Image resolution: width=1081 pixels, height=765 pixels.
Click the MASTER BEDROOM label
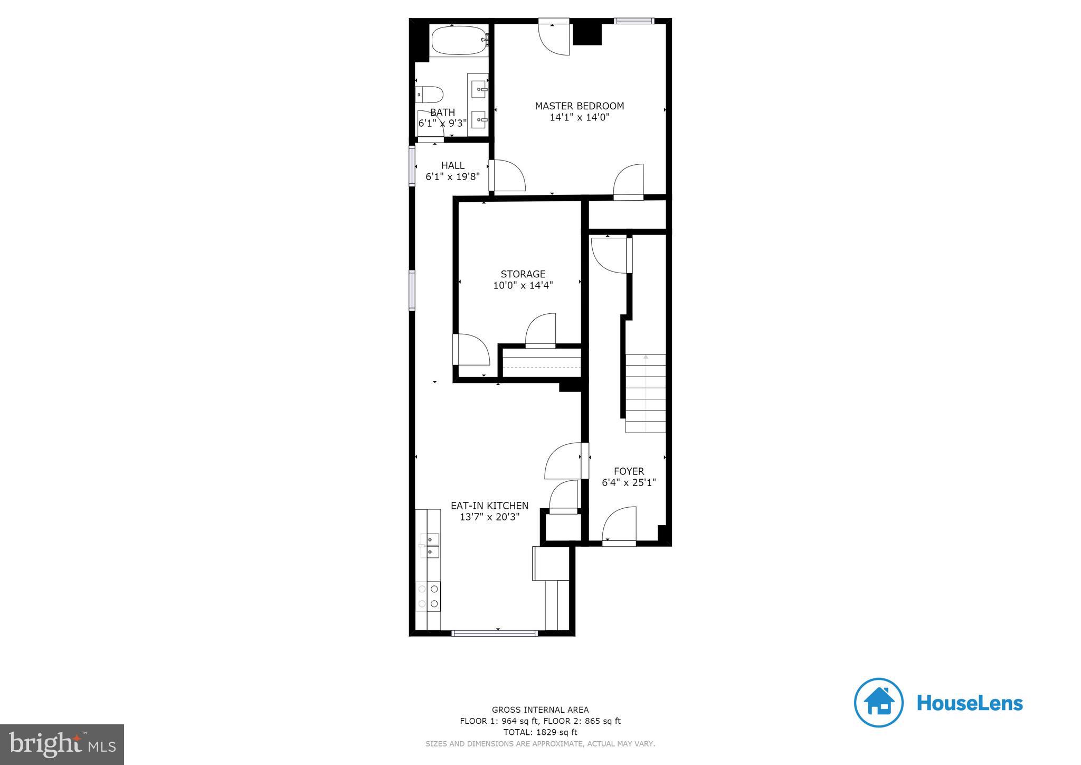(x=579, y=106)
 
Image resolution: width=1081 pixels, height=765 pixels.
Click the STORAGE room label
(x=523, y=274)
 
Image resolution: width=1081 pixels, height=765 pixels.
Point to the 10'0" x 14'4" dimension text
(x=523, y=285)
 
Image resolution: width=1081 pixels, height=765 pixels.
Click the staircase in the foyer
(x=645, y=394)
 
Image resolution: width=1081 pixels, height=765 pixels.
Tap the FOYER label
(x=629, y=471)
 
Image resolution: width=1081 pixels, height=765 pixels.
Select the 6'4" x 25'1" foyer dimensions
(x=629, y=482)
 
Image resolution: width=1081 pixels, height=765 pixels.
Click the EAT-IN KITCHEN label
(x=489, y=506)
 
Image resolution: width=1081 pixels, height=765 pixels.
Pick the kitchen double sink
(x=430, y=545)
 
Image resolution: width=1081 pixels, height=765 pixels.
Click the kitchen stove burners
(x=428, y=596)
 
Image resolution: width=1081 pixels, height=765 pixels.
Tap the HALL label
(x=452, y=165)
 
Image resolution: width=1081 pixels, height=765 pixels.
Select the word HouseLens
(x=970, y=703)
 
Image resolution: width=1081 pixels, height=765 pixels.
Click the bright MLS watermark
(x=62, y=744)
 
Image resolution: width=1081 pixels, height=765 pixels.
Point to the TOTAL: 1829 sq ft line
(x=540, y=732)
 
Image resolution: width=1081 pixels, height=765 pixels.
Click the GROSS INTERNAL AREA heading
(x=540, y=710)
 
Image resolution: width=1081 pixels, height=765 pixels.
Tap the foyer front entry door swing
(x=619, y=524)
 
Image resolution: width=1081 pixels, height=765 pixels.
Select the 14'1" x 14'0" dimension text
(x=579, y=117)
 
